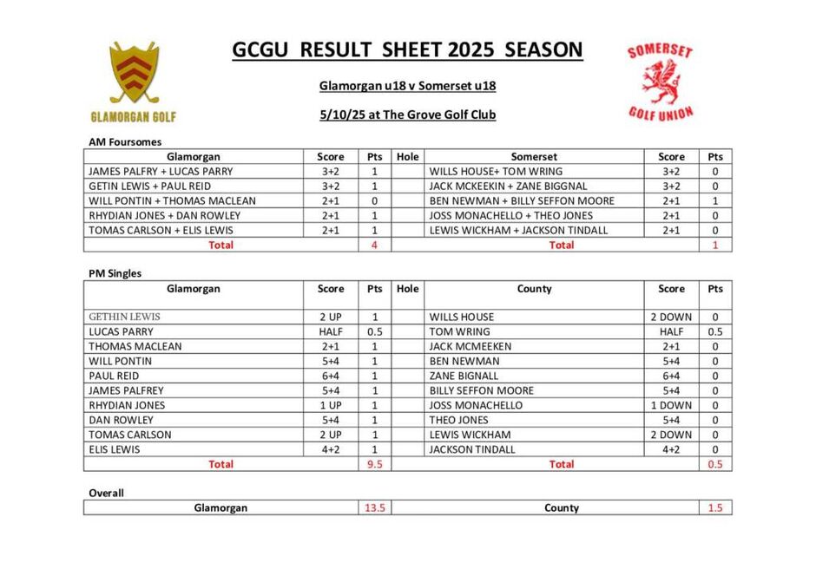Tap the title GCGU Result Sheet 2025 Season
pos(407,50)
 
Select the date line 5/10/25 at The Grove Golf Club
pos(407,115)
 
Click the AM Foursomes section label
pos(125,141)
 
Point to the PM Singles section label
pos(115,273)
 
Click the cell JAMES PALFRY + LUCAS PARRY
pos(160,172)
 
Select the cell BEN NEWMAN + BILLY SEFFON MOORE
pos(522,201)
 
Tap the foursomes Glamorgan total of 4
pos(375,245)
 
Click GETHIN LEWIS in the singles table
pos(126,317)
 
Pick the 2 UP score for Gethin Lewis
pos(331,317)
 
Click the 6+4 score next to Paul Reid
pos(331,376)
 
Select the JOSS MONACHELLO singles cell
pos(477,405)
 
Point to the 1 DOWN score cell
pos(671,405)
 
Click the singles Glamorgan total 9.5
pos(375,464)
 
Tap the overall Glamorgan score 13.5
pos(375,508)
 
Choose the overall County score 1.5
pos(714,508)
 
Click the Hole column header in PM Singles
pos(407,289)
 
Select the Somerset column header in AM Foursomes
pos(534,157)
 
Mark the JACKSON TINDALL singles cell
pos(472,449)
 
